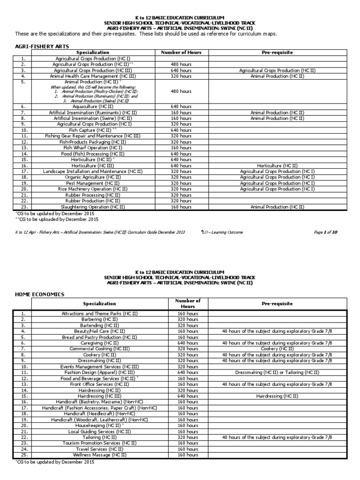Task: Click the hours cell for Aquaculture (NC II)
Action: click(180, 106)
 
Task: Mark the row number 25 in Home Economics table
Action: click(23, 455)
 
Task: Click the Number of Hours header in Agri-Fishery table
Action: click(180, 52)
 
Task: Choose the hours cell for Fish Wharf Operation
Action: click(180, 147)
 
